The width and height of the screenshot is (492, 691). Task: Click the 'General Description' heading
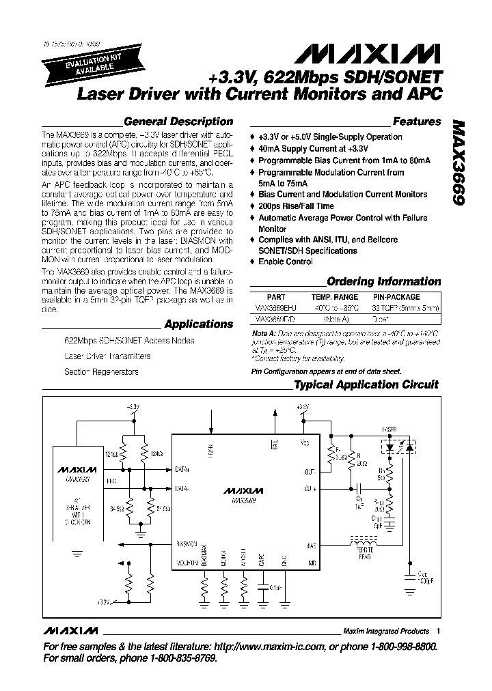pos(178,122)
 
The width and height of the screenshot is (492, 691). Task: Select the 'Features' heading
pos(417,122)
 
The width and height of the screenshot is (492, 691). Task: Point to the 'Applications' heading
pos(198,324)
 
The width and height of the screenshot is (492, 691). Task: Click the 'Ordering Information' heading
pos(384,281)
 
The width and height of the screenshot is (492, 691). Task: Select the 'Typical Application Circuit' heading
pos(366,384)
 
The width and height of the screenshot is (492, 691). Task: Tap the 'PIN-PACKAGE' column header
pos(396,298)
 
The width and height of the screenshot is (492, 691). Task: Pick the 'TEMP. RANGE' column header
pos(335,298)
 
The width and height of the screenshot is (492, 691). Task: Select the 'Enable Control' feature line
pos(285,262)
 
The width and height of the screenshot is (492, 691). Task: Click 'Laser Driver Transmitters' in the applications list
pos(107,356)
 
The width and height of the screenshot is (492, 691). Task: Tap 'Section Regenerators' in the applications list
pos(101,372)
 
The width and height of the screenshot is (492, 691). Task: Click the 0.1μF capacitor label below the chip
pos(275,587)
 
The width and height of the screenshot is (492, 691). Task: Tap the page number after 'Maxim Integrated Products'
pos(437,632)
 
